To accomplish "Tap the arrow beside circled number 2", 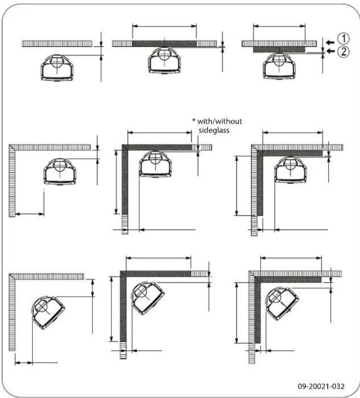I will pyautogui.click(x=329, y=51).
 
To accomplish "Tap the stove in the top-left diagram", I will pyautogui.click(x=57, y=67).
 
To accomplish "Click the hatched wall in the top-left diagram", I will pyautogui.click(x=57, y=43).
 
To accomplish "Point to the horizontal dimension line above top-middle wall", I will pyautogui.click(x=164, y=26).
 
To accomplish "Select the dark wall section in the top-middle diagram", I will pyautogui.click(x=164, y=43).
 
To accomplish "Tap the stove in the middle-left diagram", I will pyautogui.click(x=60, y=171).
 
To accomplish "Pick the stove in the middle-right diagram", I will pyautogui.click(x=291, y=169).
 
